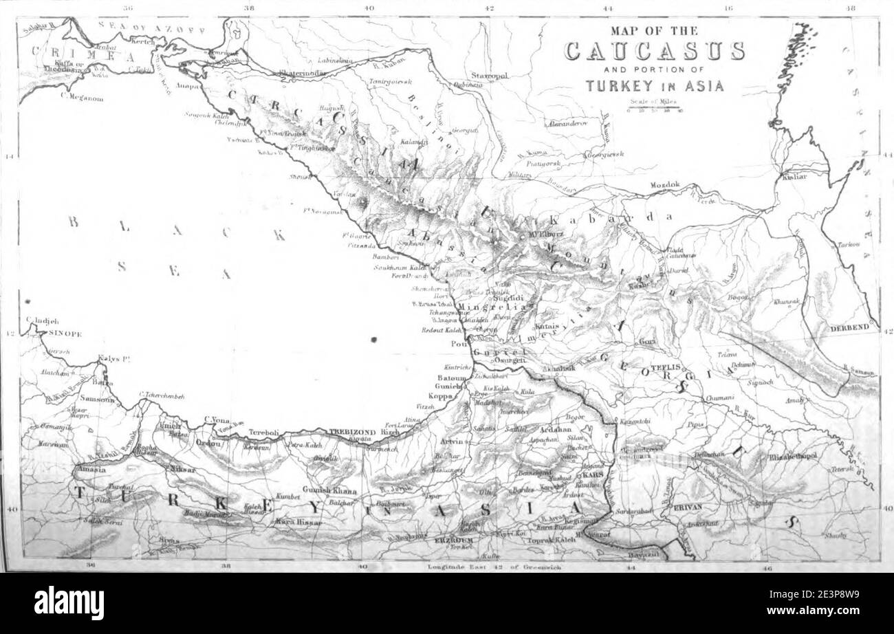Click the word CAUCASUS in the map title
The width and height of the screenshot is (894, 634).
point(654,52)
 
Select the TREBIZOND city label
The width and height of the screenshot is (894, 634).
point(353,432)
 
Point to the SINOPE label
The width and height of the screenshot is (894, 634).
point(65,334)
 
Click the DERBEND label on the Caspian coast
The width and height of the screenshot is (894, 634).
point(851,329)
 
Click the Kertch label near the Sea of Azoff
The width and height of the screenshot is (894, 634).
point(144,42)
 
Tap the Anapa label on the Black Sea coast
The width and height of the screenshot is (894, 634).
point(189,87)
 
